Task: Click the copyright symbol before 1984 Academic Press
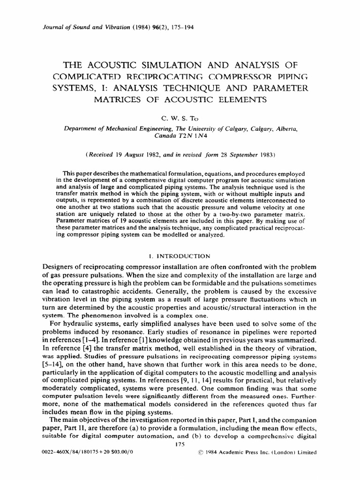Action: point(202,453)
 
